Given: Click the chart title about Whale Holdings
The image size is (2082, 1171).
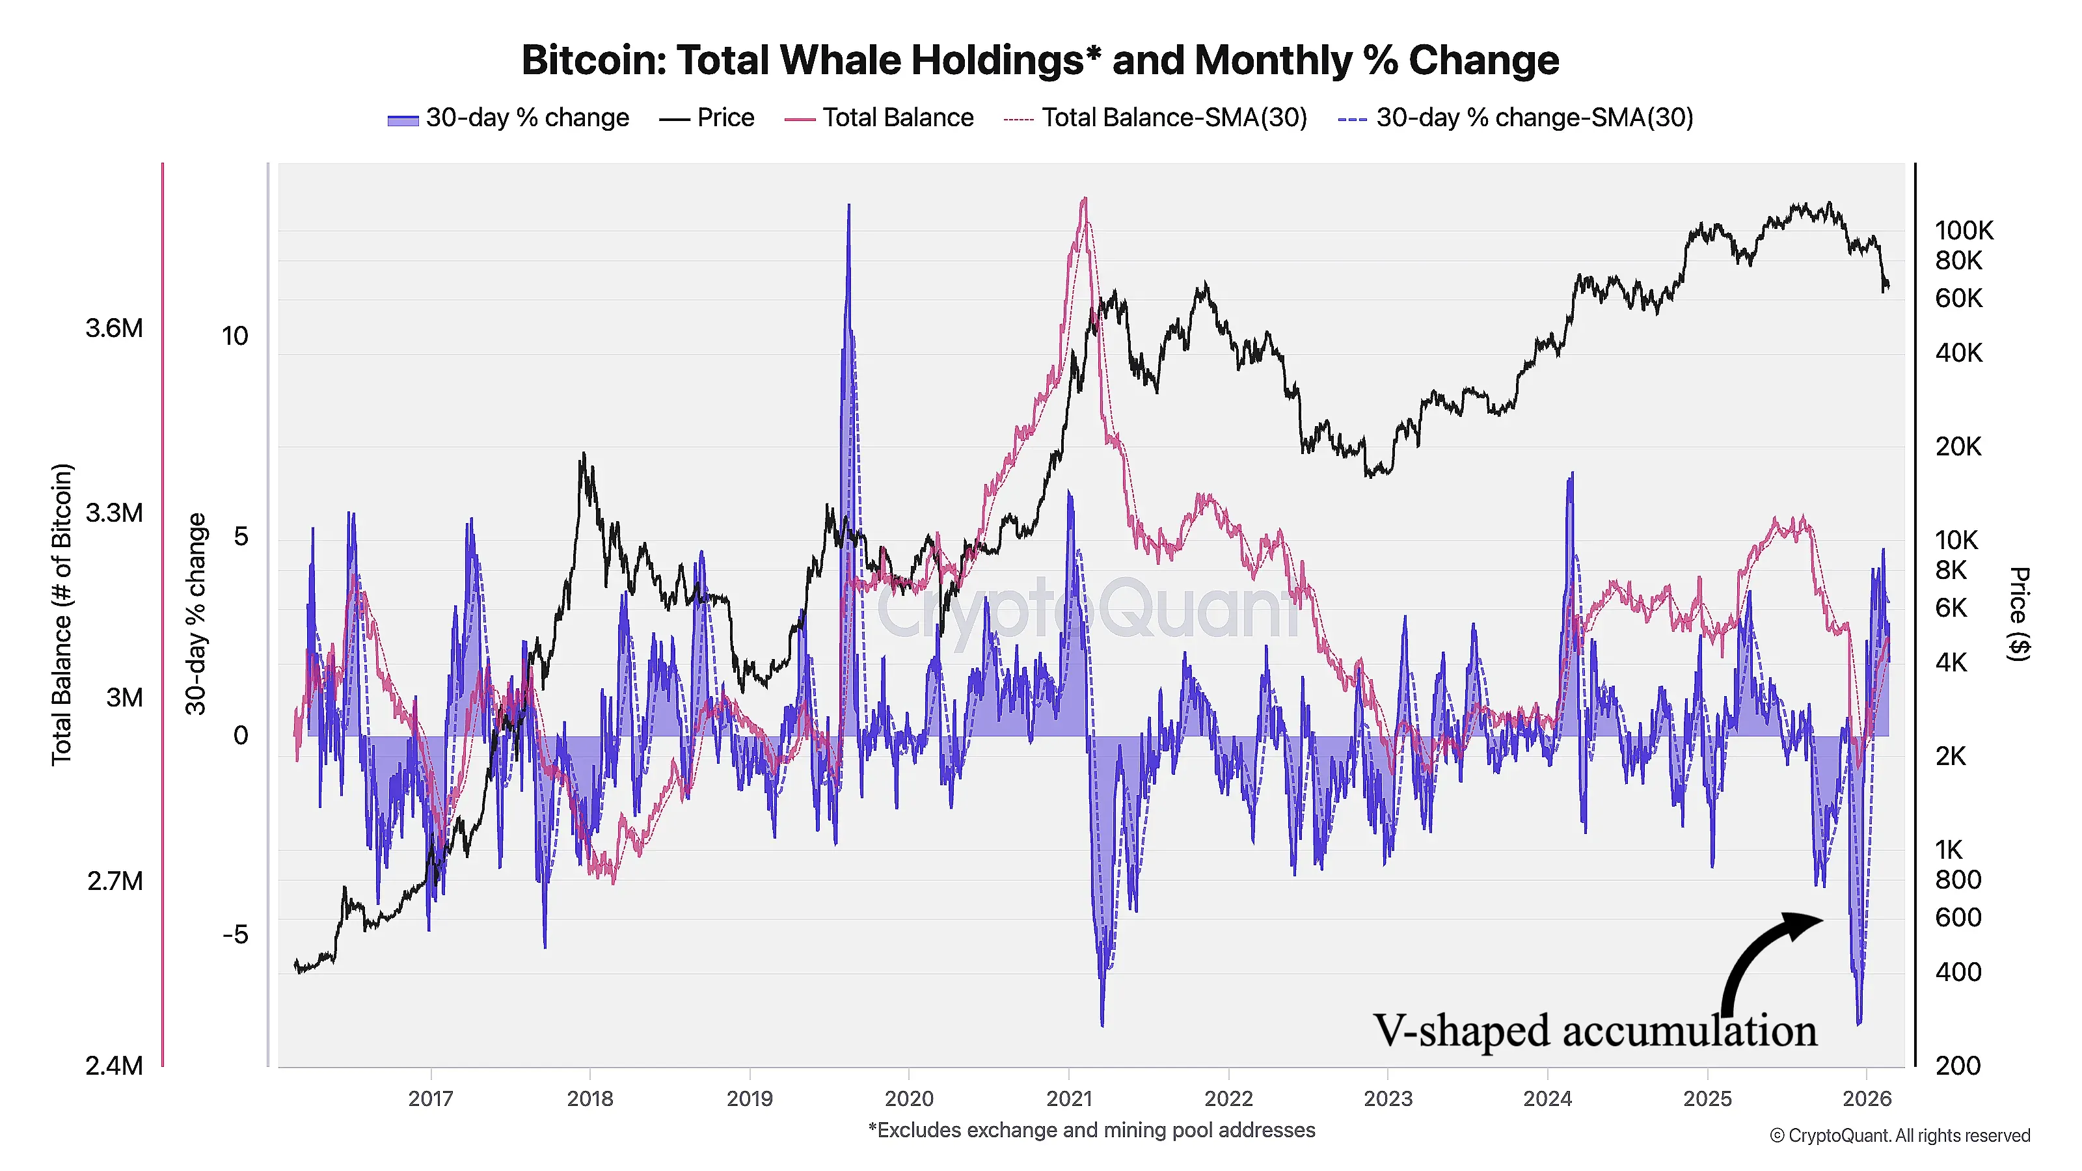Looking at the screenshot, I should (1040, 61).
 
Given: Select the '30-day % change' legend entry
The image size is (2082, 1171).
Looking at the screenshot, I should (508, 118).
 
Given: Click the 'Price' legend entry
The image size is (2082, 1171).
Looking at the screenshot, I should (707, 118).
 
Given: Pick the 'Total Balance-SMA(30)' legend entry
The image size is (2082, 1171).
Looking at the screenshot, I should (1156, 118).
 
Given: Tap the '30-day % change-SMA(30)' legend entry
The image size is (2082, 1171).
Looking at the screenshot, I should (1515, 118).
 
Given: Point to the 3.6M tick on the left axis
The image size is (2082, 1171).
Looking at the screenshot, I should (114, 328).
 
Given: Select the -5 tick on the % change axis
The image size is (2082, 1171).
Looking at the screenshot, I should (235, 935).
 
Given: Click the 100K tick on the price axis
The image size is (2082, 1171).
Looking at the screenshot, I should (1964, 230).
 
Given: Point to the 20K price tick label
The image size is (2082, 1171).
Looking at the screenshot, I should (1958, 446).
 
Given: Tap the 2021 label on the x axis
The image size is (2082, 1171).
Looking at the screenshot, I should (1068, 1098).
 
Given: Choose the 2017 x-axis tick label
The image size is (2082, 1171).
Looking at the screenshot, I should (431, 1098).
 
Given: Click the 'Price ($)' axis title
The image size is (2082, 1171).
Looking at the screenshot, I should (2018, 614).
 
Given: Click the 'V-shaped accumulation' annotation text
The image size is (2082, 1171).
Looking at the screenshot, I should (1595, 1031).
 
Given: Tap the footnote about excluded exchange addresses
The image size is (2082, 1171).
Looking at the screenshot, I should (1091, 1130).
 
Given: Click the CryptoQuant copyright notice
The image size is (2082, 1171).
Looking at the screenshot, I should (1899, 1135).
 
